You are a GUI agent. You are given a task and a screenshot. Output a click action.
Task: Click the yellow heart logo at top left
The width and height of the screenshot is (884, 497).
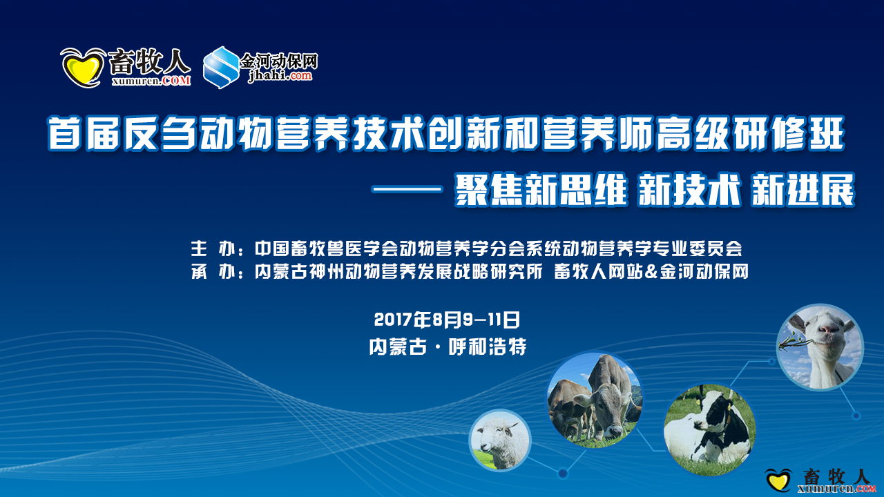[x=83, y=68]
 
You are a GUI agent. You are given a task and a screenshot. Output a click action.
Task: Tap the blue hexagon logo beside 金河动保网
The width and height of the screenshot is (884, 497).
[x=221, y=67]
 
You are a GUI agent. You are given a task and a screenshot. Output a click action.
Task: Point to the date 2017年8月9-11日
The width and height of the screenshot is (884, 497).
[x=447, y=320]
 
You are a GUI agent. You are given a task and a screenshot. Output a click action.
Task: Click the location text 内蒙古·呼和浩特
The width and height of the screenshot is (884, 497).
[x=448, y=347]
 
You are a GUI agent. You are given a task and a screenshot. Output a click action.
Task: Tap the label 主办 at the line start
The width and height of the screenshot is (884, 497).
[x=213, y=248]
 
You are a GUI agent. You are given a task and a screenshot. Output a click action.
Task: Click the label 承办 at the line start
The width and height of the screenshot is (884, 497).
[x=213, y=271]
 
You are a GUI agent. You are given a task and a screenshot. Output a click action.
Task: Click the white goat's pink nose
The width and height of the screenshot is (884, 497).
[x=829, y=328]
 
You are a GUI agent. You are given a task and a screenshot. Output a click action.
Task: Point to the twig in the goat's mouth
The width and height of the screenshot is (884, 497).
[x=794, y=342]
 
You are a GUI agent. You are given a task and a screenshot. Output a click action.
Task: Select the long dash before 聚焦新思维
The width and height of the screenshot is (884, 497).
[x=407, y=190]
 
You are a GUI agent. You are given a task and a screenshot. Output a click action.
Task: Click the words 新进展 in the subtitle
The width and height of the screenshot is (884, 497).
[x=803, y=190]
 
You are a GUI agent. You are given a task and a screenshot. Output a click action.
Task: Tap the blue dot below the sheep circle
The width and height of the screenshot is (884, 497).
[x=563, y=473]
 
